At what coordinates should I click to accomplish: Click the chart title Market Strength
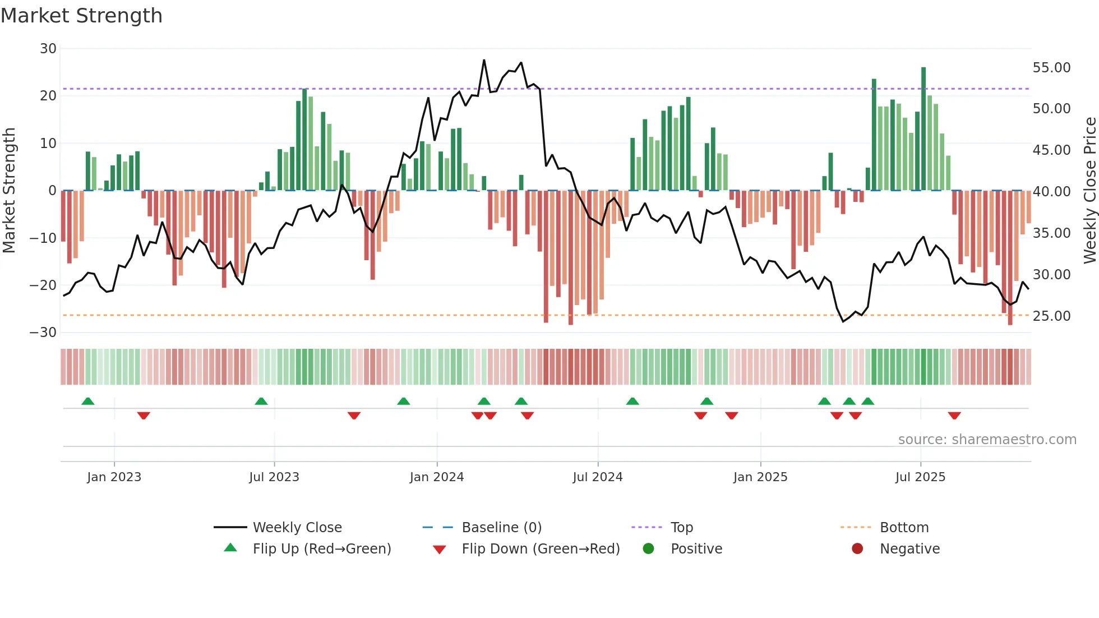point(81,16)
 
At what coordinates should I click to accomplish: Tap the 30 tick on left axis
point(48,49)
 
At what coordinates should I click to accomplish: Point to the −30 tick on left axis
point(43,333)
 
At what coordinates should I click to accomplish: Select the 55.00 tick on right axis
point(1051,68)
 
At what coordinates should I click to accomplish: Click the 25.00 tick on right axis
point(1051,316)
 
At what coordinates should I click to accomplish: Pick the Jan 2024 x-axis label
point(437,477)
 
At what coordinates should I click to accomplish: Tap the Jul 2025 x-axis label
point(920,477)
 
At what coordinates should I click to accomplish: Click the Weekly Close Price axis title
point(1089,191)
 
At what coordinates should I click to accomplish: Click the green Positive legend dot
point(649,549)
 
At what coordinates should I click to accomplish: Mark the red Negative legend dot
point(857,549)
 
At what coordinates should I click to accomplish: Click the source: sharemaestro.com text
point(987,440)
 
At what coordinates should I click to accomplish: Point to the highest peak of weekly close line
point(484,61)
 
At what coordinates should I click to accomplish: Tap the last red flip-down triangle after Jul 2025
point(954,416)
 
